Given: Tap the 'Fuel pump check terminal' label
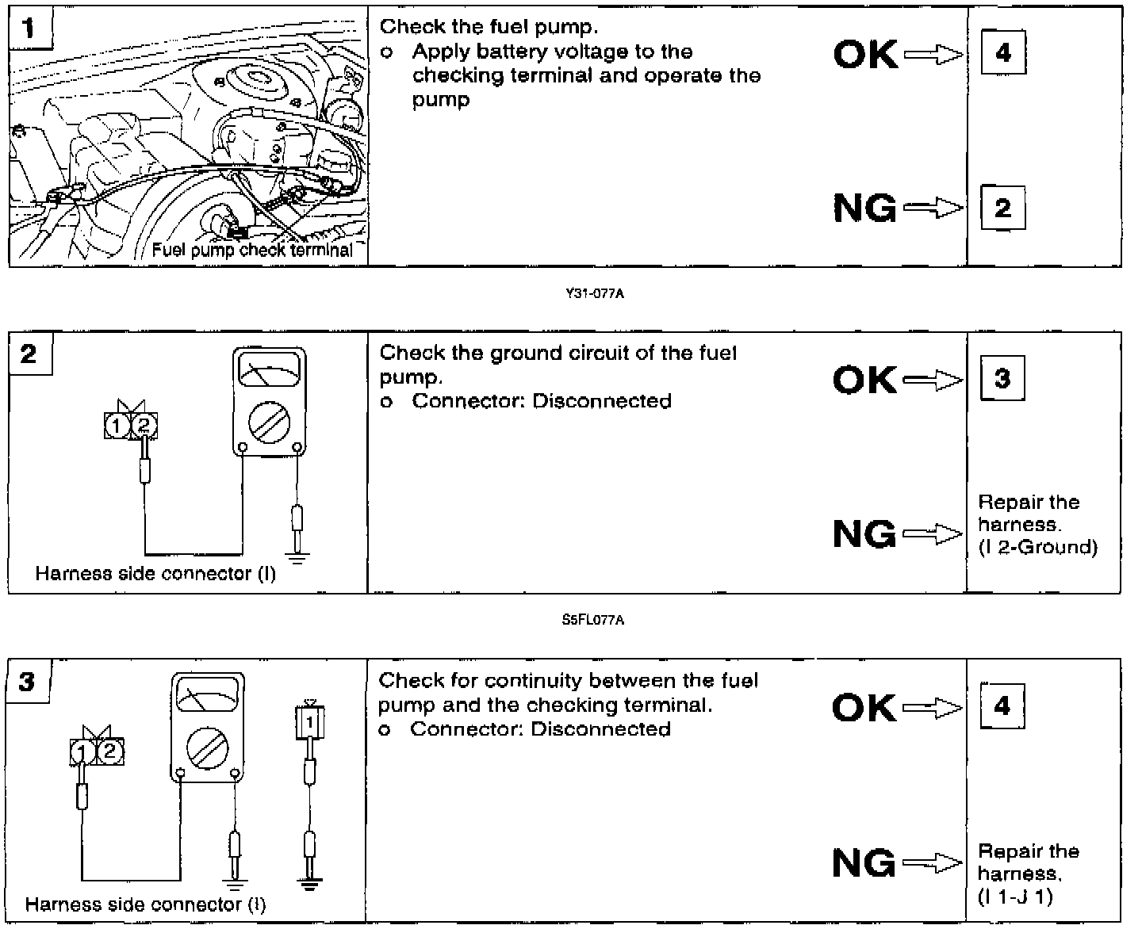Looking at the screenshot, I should (252, 250).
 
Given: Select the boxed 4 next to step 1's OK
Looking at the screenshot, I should (1003, 52).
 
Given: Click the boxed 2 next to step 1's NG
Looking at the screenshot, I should (1002, 208).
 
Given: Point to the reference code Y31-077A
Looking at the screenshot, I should (595, 294).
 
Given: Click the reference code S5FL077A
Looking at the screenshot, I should (592, 620).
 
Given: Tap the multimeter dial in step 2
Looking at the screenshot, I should (269, 419).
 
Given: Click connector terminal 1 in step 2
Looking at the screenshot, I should (117, 426).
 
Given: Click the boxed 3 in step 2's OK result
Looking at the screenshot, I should (1002, 378).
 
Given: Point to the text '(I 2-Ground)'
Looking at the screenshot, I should (1037, 547).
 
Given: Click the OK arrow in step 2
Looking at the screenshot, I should (933, 381).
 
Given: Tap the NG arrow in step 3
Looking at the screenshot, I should (933, 862).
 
